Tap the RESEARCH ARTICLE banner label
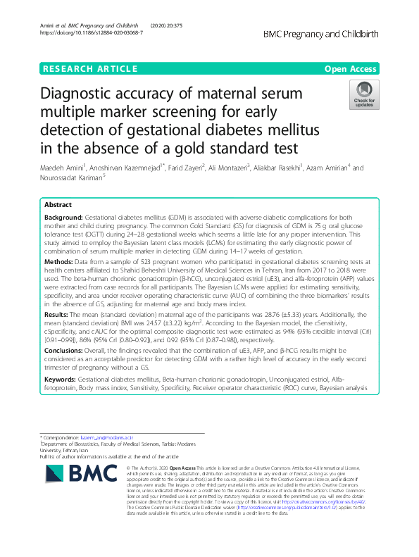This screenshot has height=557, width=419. pos(89,69)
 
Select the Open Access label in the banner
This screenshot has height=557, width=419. pos(352,69)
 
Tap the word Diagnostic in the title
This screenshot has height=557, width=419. pos(83,95)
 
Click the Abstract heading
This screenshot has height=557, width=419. pos(57,203)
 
